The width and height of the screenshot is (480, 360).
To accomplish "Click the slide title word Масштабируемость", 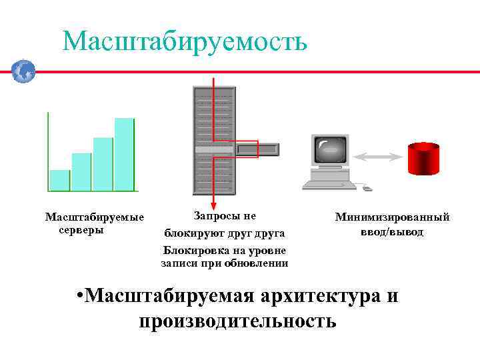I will coord(185,41).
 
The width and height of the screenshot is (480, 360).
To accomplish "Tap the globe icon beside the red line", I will coord(23,71).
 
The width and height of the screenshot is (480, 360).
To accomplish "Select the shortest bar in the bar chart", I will coord(59,180).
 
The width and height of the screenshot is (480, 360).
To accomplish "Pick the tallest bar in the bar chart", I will coord(124,154).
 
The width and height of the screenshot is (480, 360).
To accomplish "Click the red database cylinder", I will coord(423,159).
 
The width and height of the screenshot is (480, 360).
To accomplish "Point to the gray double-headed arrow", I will coord(378,157).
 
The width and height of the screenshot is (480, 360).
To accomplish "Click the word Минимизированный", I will coord(392,217).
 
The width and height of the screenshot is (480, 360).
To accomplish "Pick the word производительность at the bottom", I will coord(238,321).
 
